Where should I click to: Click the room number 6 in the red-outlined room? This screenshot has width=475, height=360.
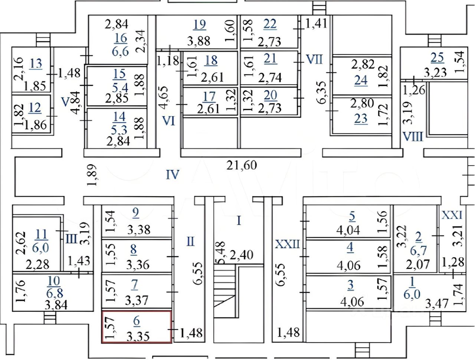137,321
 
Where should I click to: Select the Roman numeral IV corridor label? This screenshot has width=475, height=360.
172,175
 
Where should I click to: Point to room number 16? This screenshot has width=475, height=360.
121,38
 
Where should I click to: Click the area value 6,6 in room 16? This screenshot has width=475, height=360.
121,51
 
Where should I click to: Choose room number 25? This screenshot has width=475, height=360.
437,58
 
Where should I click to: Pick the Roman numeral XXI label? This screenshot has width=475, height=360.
452,215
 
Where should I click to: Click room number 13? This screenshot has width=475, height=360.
36,64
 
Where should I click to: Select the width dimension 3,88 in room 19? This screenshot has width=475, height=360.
199,41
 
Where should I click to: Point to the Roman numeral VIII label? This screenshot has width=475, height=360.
413,137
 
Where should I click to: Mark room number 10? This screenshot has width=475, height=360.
54,281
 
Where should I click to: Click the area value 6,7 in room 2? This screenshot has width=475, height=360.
418,251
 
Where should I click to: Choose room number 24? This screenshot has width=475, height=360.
361,80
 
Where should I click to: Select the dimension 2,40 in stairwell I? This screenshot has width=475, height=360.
242,255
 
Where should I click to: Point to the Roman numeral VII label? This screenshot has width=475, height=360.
314,59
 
